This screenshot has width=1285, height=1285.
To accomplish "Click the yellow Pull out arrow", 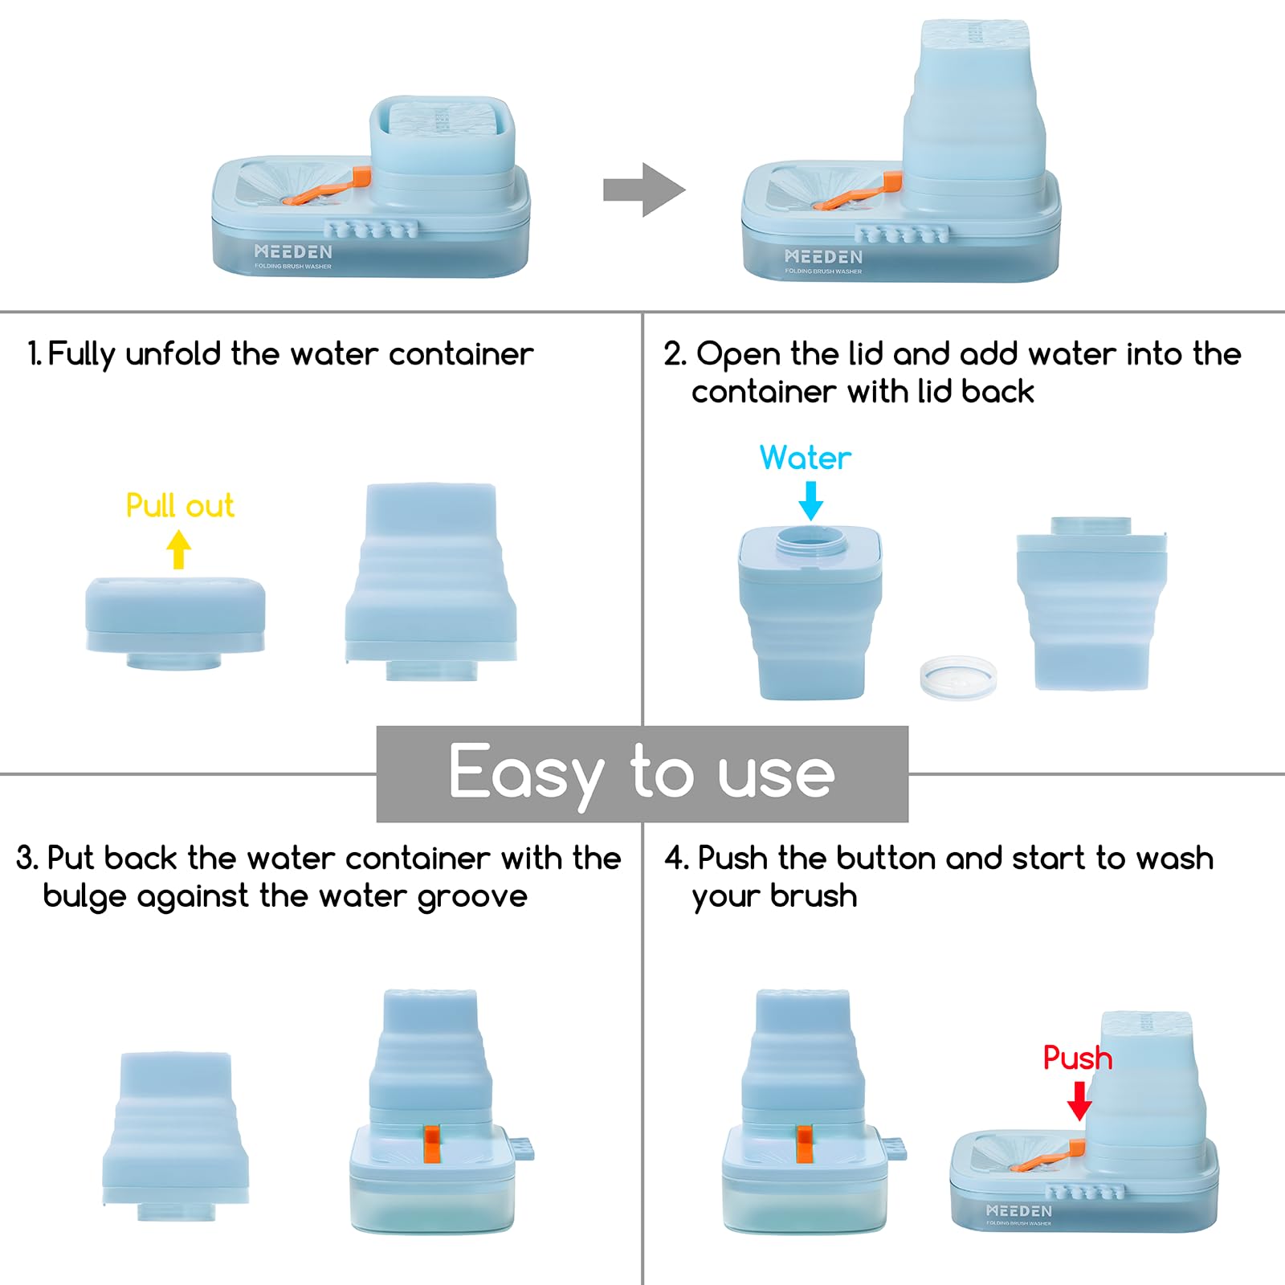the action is coord(179,549).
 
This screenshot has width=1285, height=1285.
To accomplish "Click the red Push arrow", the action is coord(1079,1100).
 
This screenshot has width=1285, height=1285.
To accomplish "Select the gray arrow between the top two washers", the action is coord(644,190).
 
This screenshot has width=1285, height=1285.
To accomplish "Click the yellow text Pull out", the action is coord(180,506).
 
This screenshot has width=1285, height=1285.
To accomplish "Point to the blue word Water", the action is coord(806,458).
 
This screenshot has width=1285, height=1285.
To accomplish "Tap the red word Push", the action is coord(1078,1058).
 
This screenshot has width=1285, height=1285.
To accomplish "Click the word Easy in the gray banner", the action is coord(526,773).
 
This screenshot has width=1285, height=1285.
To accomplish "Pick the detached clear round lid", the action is coord(958,677).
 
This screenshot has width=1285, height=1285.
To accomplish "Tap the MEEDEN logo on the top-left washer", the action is coord(293,251).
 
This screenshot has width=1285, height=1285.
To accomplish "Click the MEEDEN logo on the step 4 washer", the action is coord(1018,1210).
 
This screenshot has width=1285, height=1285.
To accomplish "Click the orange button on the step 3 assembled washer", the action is coord(431,1144).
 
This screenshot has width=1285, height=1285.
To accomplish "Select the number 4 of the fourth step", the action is coord(672,859).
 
